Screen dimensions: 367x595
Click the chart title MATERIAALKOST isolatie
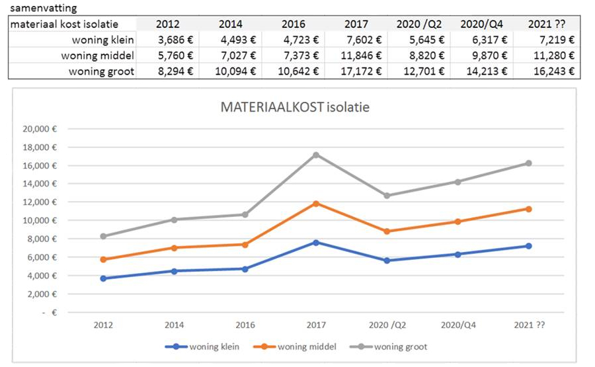point(296,108)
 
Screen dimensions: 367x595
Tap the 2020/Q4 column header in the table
point(483,24)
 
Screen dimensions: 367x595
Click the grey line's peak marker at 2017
point(316,155)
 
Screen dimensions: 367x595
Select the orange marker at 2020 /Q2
point(387,231)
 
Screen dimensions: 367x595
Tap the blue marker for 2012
point(103,278)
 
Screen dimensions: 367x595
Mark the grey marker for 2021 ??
point(528,163)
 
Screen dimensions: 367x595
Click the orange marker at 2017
point(316,204)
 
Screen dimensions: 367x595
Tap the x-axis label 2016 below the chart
point(245,325)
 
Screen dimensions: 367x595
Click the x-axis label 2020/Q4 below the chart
point(457,325)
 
